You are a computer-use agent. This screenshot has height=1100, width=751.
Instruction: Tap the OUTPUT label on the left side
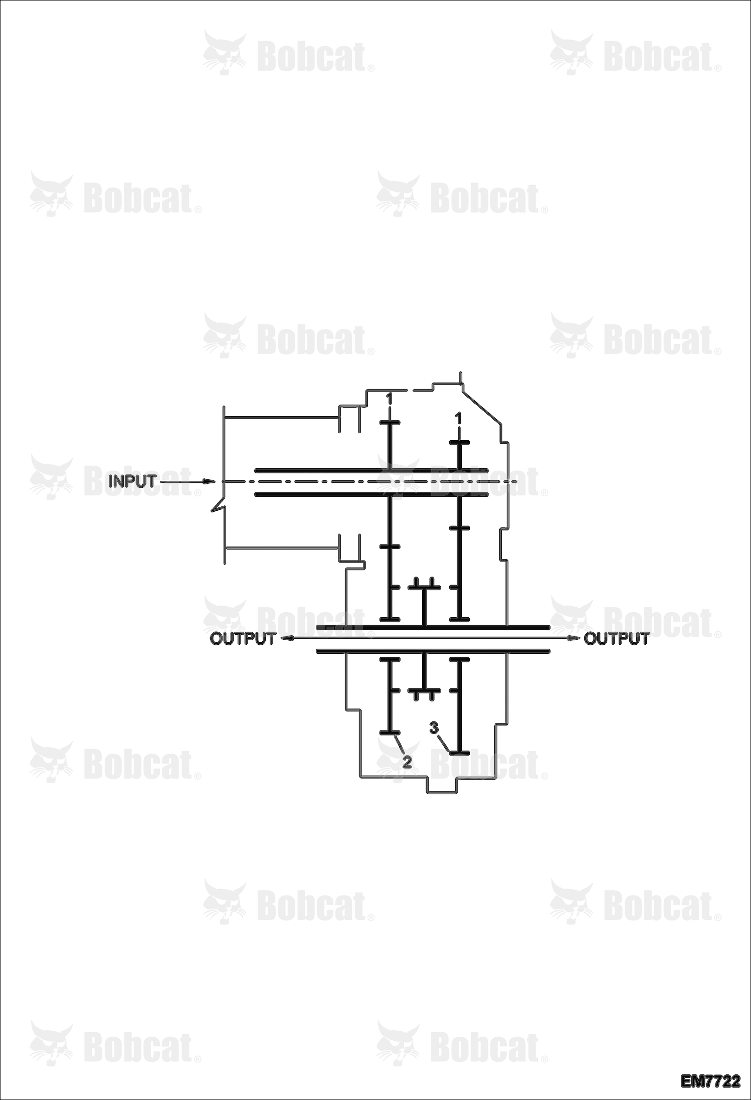point(243,639)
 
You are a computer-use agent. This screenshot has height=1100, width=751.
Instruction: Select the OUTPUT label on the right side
point(617,639)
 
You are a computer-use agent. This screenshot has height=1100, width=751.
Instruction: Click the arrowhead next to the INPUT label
point(209,482)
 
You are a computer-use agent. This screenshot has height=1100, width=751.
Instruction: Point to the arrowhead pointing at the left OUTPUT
point(286,639)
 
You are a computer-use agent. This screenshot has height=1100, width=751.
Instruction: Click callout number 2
point(407,762)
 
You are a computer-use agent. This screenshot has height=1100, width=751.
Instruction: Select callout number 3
point(434,727)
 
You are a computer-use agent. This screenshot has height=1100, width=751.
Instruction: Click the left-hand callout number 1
point(389,399)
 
